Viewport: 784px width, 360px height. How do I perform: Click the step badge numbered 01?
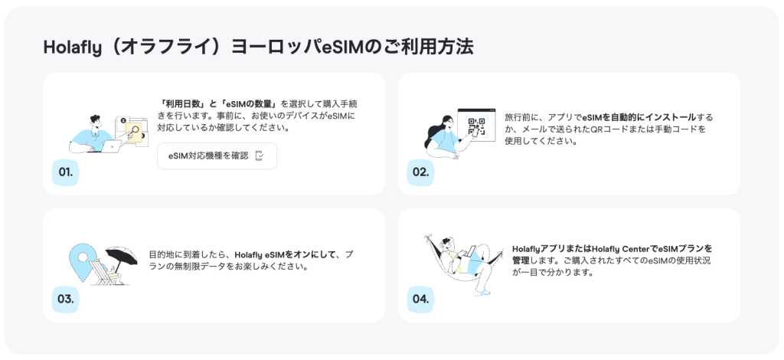point(65,172)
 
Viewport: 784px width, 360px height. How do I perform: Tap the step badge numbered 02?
point(420,172)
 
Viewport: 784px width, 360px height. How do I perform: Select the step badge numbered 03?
point(65,299)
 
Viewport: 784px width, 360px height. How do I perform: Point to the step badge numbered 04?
point(420,299)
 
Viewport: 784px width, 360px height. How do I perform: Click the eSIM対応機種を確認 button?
point(217,155)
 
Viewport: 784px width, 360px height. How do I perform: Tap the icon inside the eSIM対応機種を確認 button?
point(260,155)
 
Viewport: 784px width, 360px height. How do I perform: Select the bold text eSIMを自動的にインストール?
point(639,117)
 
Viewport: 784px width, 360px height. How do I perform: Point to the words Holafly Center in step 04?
point(625,248)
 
